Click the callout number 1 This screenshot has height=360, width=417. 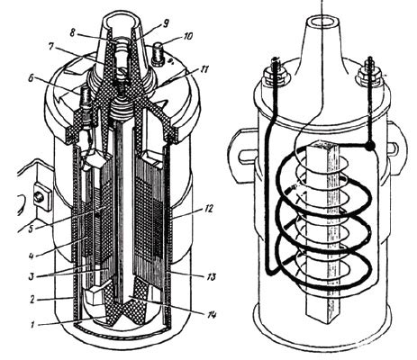pos(34,324)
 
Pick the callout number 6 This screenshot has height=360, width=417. pos(31,79)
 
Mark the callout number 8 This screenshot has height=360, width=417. pos(72,32)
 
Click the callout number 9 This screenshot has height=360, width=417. pos(166,23)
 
